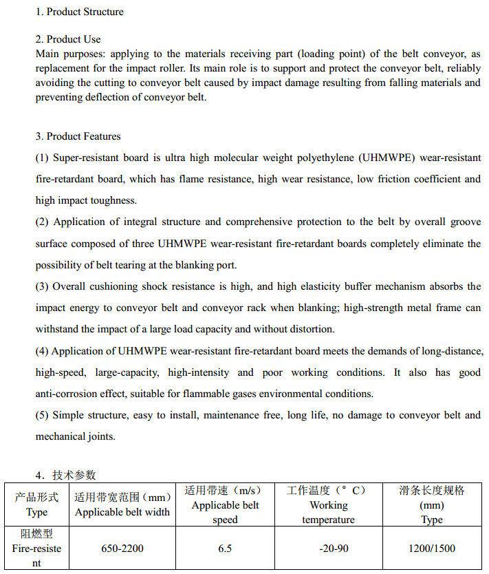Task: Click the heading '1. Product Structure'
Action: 80,12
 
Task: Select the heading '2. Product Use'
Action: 68,39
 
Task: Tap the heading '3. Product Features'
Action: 78,136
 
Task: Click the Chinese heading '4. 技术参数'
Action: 66,475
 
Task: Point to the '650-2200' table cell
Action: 122,548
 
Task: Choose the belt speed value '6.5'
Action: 225,548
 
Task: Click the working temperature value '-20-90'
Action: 328,548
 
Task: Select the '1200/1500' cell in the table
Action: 432,548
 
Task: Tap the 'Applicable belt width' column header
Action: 122,512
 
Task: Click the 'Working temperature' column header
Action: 328,512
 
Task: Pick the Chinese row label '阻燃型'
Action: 37,533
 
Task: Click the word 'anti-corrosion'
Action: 68,394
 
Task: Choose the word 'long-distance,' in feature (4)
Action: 452,351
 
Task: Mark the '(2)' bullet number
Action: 43,222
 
